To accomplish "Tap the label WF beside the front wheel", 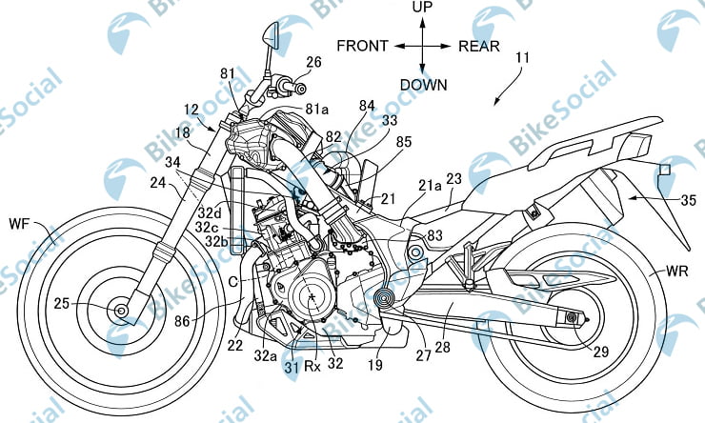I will point(18,225).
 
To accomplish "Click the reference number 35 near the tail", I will point(687,200).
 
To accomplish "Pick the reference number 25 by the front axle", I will point(61,304).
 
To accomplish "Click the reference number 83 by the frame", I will point(435,235).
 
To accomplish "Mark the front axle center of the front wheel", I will point(121,310).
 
